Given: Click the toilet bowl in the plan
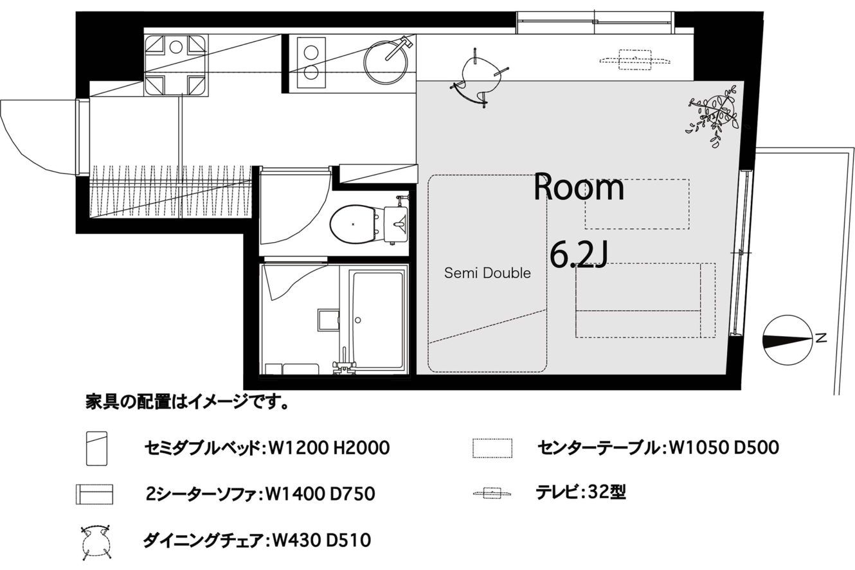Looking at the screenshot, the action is coord(354,224).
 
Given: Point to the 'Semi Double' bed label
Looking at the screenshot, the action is coord(487,273).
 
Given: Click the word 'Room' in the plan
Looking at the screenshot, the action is coord(579,188).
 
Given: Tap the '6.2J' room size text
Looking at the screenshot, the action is coord(579,256).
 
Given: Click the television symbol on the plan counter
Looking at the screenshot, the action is coord(634,60).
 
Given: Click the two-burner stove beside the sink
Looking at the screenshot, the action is coord(311,62).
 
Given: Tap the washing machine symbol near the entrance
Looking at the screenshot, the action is coord(176,65).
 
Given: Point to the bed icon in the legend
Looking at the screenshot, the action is coord(96,449).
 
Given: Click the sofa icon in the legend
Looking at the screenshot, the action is coord(94,494).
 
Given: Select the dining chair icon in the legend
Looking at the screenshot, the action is coord(96,542).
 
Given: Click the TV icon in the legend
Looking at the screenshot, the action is coord(492,493).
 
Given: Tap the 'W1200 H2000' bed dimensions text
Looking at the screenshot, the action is coord(329,448).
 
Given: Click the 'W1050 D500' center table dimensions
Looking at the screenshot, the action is coord(724,447).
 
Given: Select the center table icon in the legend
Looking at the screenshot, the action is coord(492,448).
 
